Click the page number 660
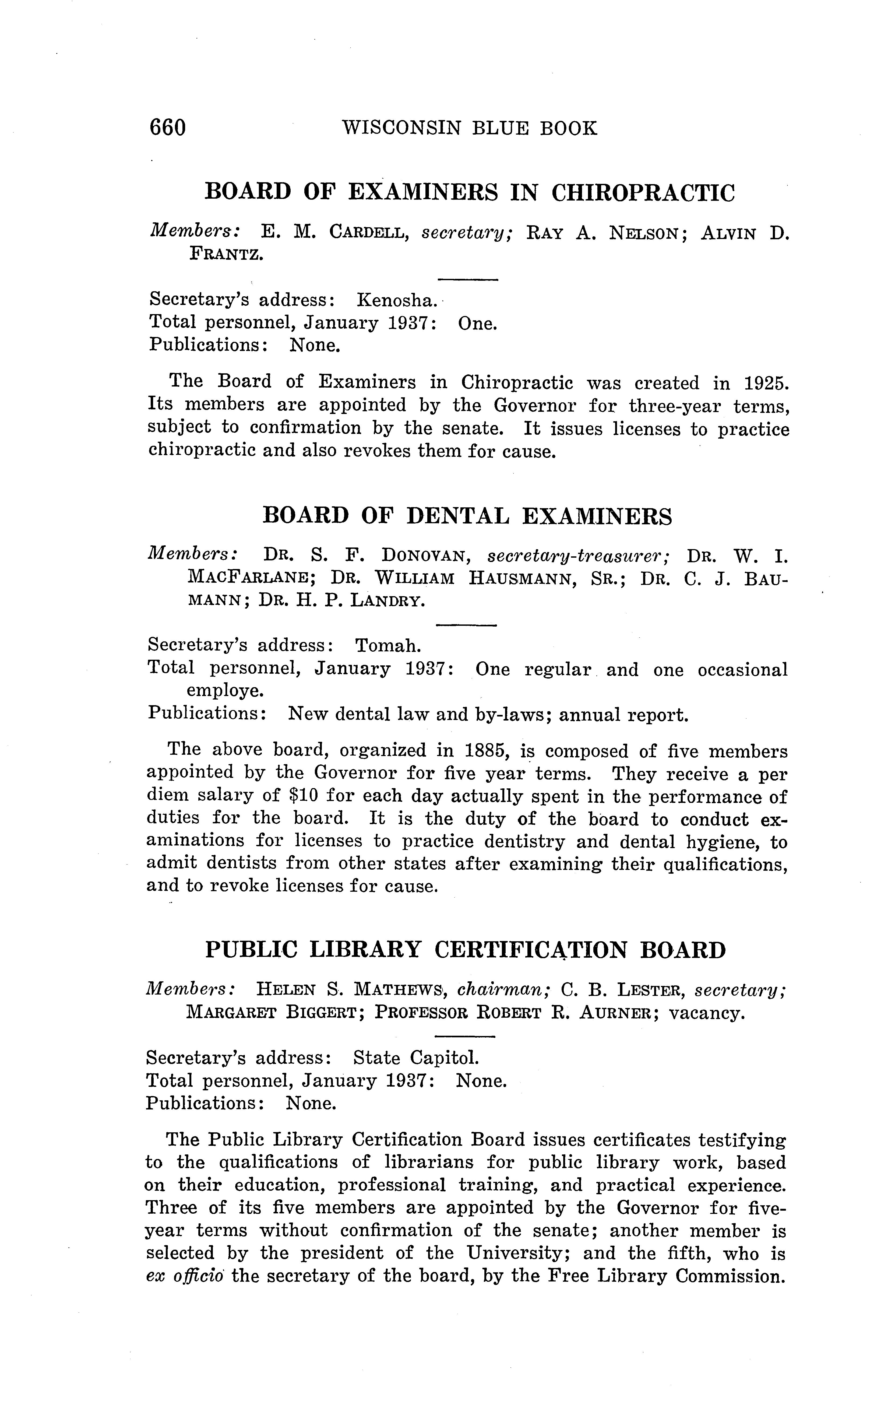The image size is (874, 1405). [x=168, y=127]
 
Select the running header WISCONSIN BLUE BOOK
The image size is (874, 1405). [x=469, y=128]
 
